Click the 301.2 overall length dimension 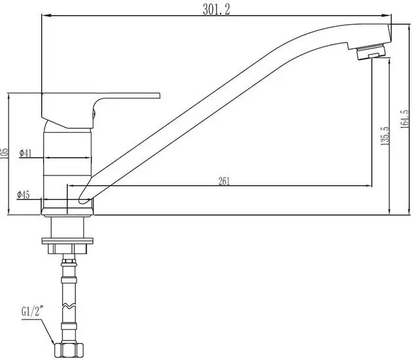[x=217, y=10]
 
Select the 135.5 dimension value [x=385, y=136]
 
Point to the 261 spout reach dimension [x=224, y=181]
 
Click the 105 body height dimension [x=5, y=154]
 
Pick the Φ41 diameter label [x=26, y=153]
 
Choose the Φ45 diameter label [x=24, y=195]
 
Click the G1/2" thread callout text [x=32, y=312]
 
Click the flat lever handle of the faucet [x=100, y=111]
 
